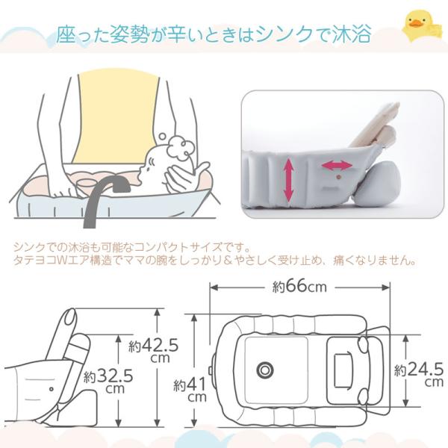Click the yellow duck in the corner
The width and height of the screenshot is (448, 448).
418,26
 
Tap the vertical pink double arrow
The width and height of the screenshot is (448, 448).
288,180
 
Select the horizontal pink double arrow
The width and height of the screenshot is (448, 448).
337,166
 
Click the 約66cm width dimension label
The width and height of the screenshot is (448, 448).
299,286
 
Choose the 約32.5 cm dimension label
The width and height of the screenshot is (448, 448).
108,381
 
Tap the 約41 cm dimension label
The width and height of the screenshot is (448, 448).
190,389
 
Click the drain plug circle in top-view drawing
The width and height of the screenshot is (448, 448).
265,370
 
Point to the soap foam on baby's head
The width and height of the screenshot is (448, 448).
180,147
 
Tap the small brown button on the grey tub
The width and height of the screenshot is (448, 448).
338,177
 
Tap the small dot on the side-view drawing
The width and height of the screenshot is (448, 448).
52,389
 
